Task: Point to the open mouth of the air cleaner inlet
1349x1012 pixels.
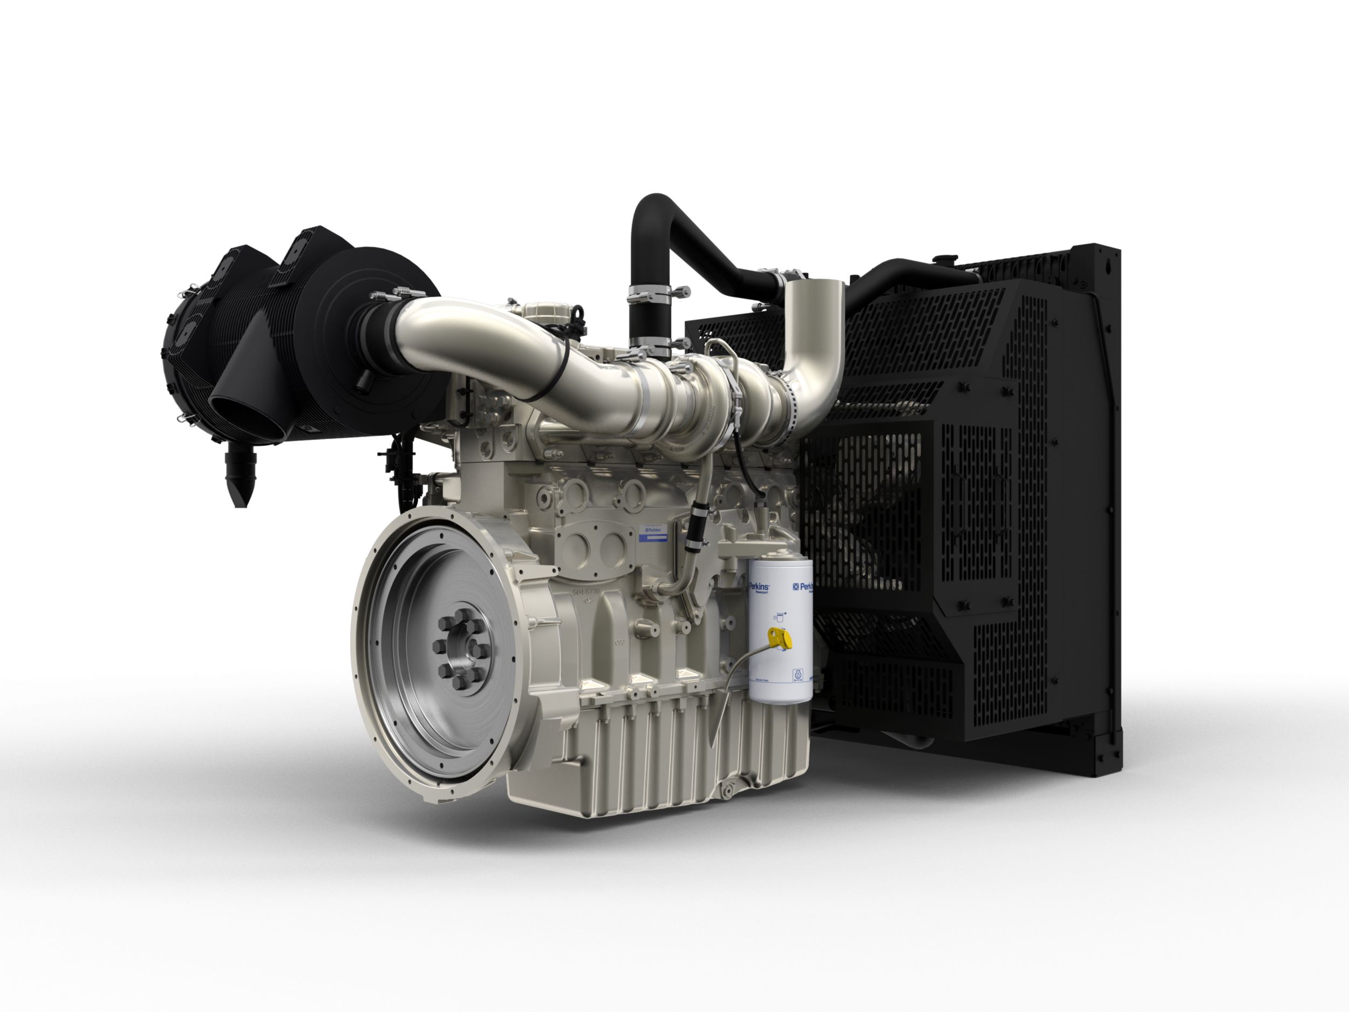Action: click(x=242, y=414)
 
